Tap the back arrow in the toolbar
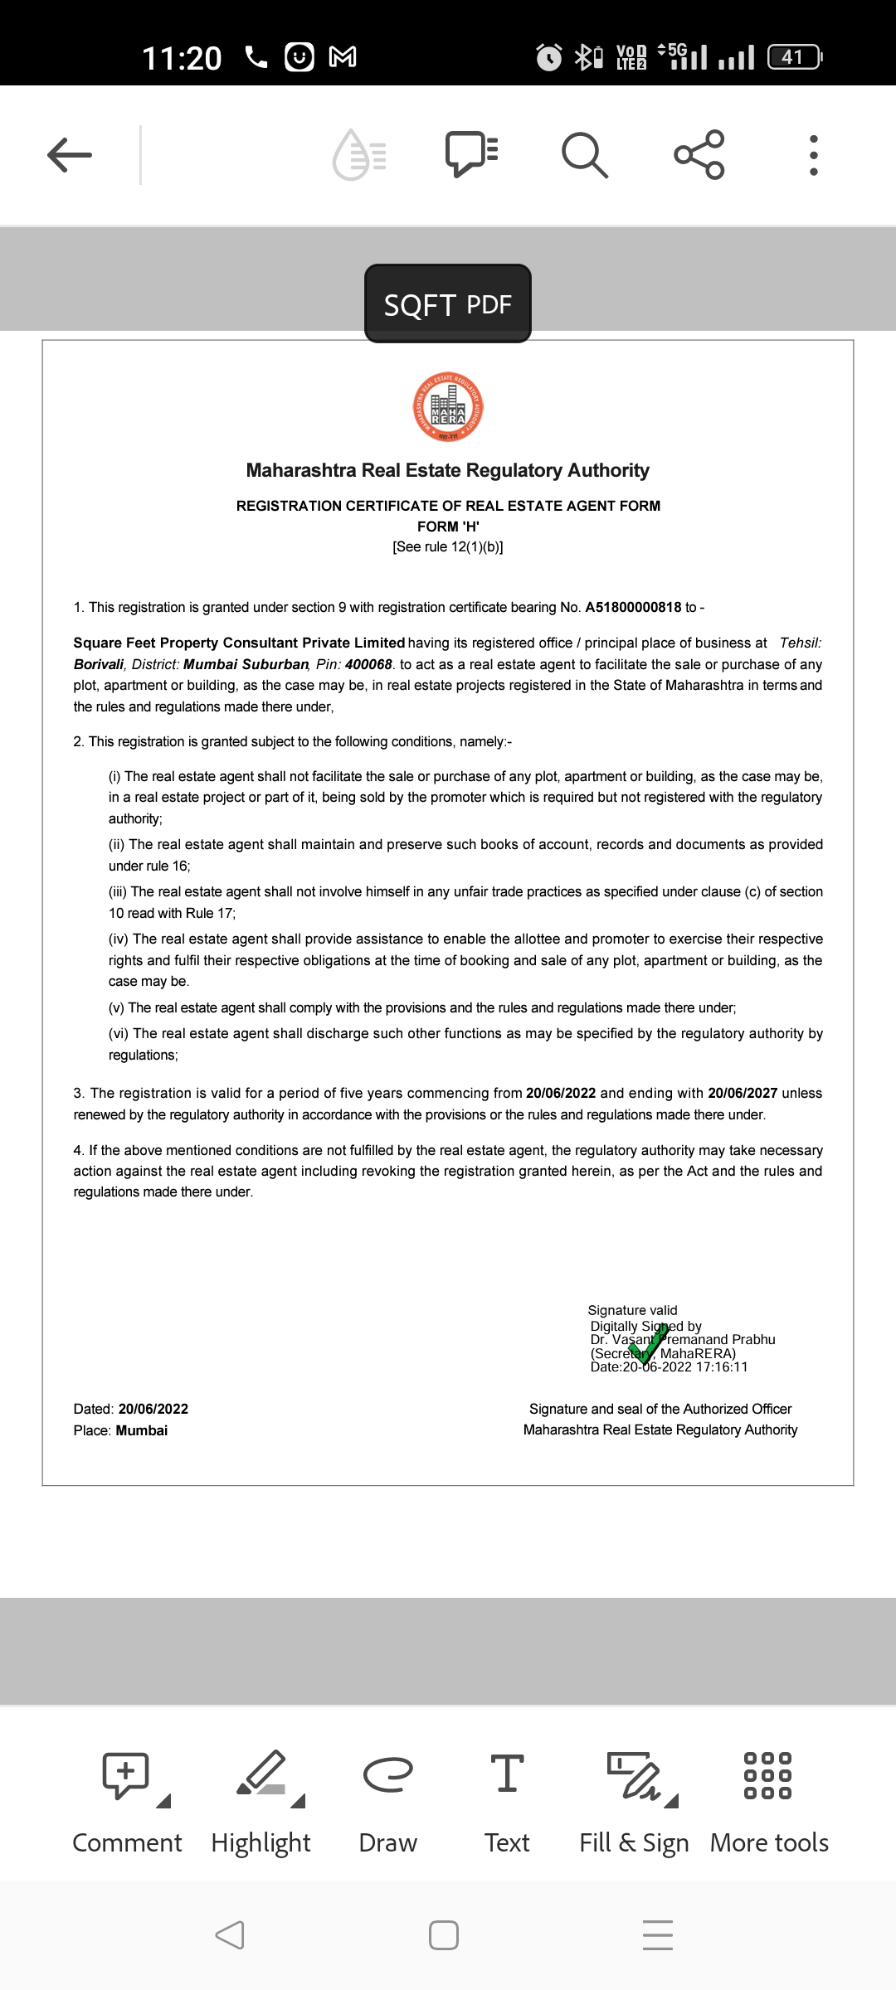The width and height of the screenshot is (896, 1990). tap(70, 155)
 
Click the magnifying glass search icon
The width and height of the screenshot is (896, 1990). tap(585, 155)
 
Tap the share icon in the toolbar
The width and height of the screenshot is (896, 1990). tap(699, 155)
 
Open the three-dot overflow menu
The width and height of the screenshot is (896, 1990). tap(813, 155)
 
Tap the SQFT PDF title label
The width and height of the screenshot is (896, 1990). tap(448, 304)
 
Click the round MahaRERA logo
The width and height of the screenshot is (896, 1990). tap(448, 407)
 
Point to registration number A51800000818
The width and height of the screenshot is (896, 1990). tap(633, 608)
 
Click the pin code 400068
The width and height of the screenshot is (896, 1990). tap(368, 665)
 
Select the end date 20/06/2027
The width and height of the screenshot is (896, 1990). tap(743, 1094)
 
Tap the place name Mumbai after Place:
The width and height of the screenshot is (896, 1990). tap(142, 1431)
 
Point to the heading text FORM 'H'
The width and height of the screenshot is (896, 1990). tap(448, 527)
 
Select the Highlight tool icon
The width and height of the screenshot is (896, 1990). tap(262, 1775)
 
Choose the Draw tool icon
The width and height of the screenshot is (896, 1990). tap(387, 1774)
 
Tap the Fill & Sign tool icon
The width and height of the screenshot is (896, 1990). tap(635, 1775)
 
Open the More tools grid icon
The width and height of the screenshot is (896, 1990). tap(767, 1775)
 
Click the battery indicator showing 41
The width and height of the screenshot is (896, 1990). tap(794, 56)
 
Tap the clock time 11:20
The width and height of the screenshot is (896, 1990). tap(182, 58)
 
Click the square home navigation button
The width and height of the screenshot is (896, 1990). tap(444, 1935)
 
